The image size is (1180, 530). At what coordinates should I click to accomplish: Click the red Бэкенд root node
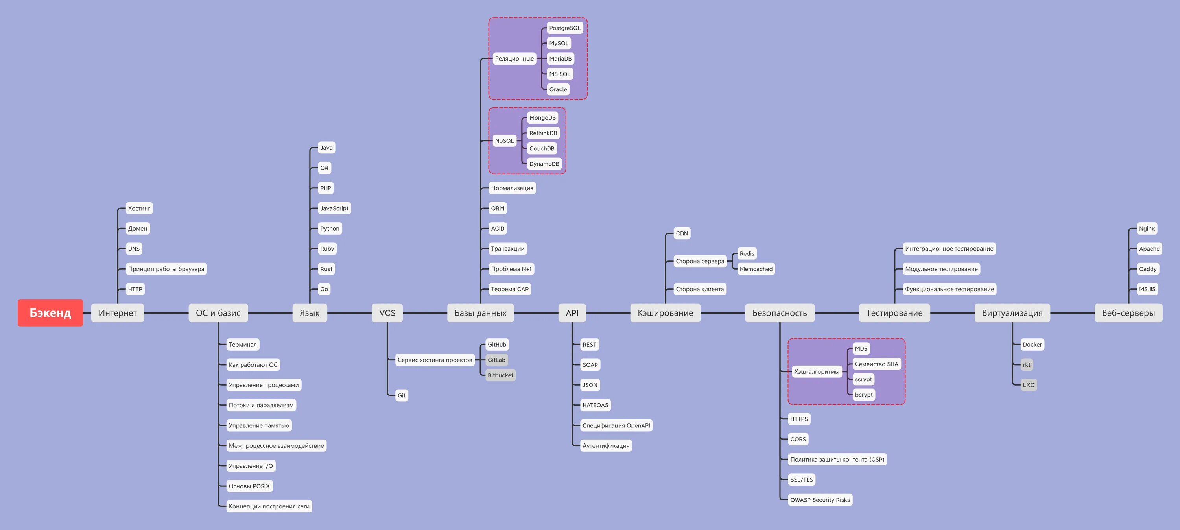[x=50, y=313]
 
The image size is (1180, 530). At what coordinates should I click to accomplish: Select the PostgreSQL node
[x=564, y=28]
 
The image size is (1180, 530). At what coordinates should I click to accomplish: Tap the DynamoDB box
[x=544, y=164]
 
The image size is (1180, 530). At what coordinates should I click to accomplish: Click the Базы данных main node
[x=480, y=313]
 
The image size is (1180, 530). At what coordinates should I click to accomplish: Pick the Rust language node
[x=326, y=269]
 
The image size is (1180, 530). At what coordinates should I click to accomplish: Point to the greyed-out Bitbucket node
[x=500, y=375]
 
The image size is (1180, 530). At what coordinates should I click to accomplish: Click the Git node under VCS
[x=401, y=395]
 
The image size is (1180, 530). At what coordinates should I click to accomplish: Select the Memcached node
[x=756, y=269]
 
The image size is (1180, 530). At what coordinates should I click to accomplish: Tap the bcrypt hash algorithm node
[x=863, y=394]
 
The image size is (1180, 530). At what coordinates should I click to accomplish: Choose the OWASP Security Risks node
[x=819, y=500]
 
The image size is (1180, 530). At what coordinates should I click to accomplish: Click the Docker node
[x=1032, y=344]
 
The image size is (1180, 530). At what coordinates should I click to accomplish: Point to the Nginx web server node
[x=1147, y=229]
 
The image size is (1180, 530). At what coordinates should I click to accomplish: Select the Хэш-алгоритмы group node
[x=816, y=371]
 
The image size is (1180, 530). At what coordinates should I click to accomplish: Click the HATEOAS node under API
[x=595, y=405]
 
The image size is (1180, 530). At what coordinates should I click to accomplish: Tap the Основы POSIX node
[x=249, y=486]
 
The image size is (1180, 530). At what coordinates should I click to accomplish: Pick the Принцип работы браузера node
[x=166, y=269]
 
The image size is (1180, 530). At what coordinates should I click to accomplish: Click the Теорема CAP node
[x=509, y=289]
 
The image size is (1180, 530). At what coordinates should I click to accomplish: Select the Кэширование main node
[x=665, y=313]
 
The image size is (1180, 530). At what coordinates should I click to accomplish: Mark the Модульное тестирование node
[x=941, y=269]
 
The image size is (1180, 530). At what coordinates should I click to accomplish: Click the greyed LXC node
[x=1029, y=385]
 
